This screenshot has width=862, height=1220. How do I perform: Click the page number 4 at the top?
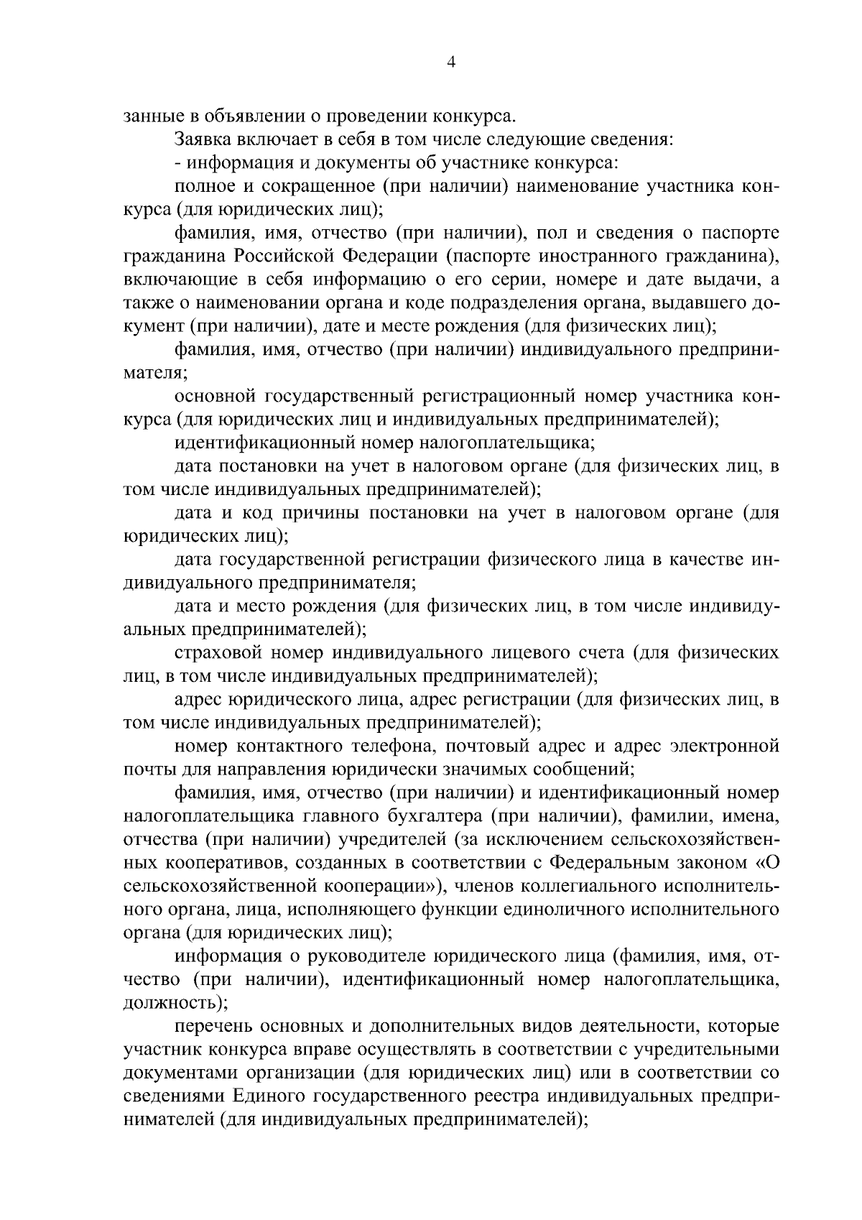[x=450, y=63]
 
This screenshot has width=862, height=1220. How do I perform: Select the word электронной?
[x=725, y=746]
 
